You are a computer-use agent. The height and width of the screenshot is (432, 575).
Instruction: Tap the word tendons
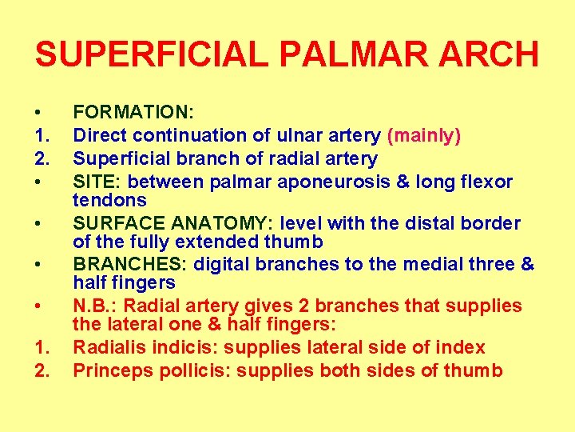110,199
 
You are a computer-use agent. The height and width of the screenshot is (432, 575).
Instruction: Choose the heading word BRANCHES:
121,265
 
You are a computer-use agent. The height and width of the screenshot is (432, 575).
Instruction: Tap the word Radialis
111,348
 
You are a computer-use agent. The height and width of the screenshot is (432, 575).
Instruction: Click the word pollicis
191,370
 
